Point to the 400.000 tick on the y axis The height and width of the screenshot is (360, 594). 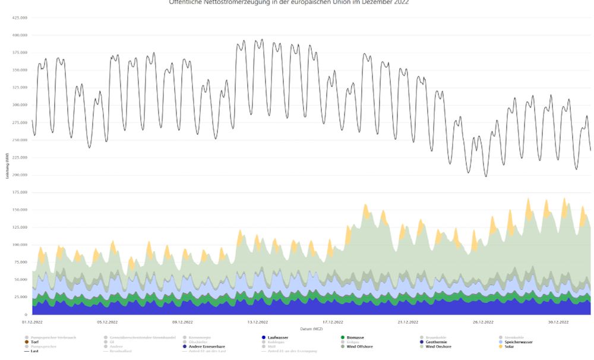point(20,35)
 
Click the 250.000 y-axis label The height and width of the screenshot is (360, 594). point(20,140)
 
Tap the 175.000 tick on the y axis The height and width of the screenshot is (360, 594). point(20,192)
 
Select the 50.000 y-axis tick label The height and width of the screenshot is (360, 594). point(21,280)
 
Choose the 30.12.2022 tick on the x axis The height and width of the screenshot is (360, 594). point(558,322)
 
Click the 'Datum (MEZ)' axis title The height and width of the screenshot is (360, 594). point(311,329)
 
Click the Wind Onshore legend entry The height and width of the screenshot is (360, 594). point(438,346)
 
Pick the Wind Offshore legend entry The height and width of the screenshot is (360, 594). point(360,346)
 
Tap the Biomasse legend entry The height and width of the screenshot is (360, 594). point(355,337)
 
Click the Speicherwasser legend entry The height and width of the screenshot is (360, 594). point(519,342)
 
